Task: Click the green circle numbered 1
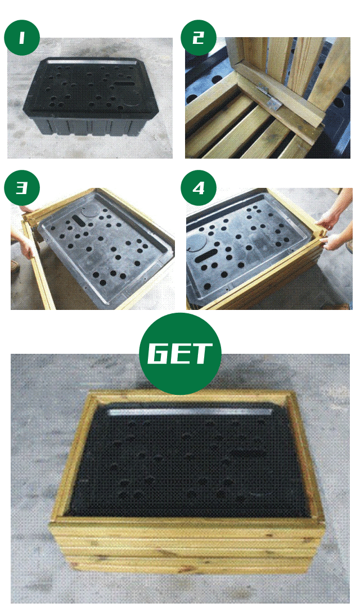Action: pos(22,38)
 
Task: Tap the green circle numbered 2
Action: pos(199,38)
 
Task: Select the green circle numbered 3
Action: pos(22,188)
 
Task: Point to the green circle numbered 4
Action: pos(199,188)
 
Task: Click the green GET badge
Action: pos(180,354)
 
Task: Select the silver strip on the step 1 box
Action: pos(92,61)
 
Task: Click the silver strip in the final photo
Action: pos(191,412)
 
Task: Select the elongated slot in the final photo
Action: pos(248,454)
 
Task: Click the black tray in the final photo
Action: pos(187,461)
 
